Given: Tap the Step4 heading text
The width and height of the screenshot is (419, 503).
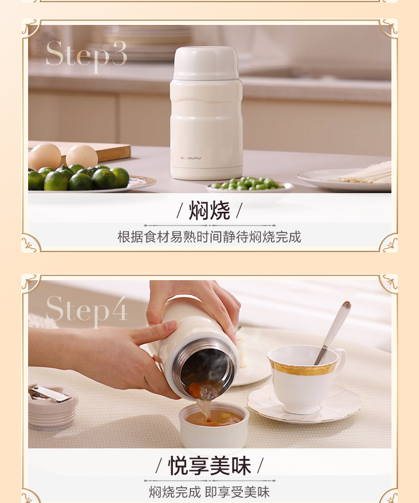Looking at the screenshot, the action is (87, 310).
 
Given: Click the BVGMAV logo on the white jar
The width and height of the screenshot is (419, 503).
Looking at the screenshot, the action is (191, 158).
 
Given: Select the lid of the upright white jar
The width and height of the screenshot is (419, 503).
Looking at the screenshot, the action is (206, 63).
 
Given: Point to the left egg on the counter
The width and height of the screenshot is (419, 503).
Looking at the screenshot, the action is (45, 156).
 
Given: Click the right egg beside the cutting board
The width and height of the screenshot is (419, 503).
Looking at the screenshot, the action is (82, 156).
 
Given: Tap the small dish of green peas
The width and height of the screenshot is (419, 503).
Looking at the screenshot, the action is (250, 185).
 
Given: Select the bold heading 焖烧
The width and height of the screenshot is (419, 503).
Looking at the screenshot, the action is (210, 211).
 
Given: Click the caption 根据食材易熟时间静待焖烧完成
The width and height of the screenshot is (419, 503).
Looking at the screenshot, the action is (210, 237).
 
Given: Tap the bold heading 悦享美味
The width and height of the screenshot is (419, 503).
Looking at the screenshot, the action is (210, 466).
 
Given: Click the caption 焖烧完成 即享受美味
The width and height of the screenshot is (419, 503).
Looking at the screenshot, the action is (210, 492).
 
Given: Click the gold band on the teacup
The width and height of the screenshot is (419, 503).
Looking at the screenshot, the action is (303, 367).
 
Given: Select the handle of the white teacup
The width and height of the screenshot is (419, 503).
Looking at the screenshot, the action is (341, 361).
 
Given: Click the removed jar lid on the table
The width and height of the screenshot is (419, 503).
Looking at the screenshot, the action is (53, 406).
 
